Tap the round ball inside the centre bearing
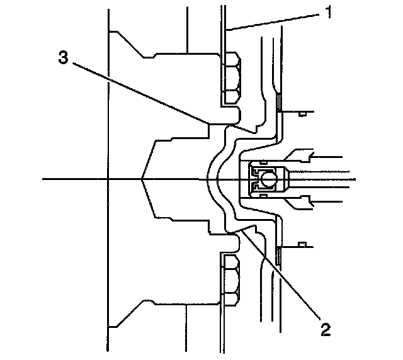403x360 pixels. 270,179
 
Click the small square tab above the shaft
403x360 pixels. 302,113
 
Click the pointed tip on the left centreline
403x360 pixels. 143,179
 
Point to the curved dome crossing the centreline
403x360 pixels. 212,179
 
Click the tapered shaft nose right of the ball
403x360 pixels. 285,179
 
